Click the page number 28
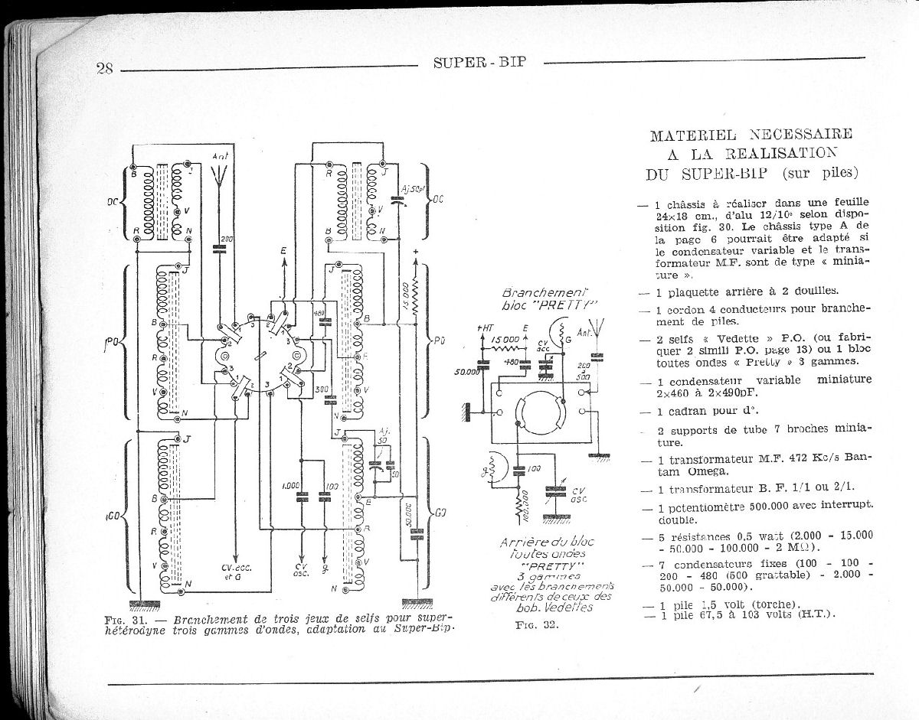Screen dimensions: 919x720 pos(105,67)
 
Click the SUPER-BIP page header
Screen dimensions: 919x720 pos(480,63)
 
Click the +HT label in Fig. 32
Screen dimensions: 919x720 pos(483,328)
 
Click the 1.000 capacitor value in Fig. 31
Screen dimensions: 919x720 pos(290,485)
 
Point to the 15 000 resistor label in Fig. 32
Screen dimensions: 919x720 pos(505,338)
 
